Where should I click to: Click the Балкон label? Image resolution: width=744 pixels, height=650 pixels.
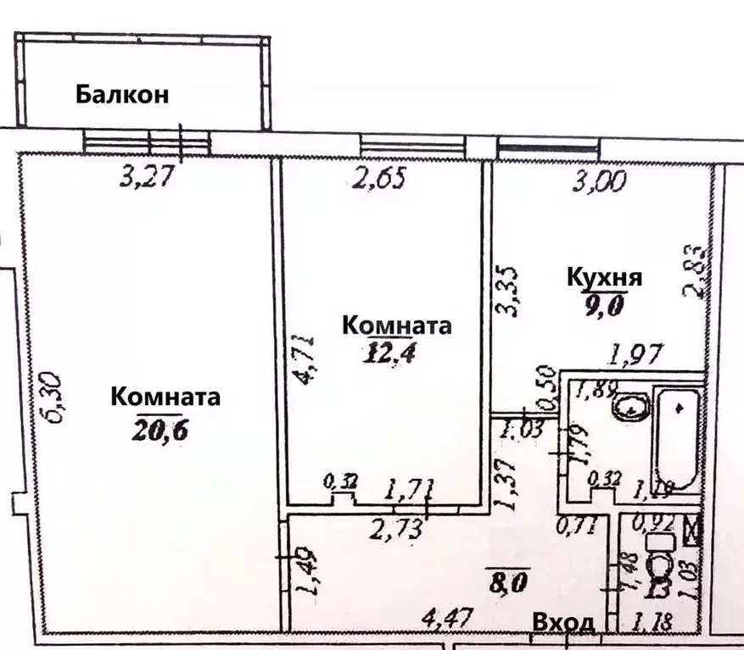[121, 94]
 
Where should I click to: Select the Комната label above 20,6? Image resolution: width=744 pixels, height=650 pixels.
[166, 397]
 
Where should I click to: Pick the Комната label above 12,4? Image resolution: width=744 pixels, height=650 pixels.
[396, 325]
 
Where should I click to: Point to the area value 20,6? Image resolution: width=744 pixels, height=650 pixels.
[159, 430]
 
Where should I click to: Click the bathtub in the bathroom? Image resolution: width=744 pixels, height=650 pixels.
[677, 437]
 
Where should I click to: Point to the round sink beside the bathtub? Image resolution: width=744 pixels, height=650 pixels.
[629, 409]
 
